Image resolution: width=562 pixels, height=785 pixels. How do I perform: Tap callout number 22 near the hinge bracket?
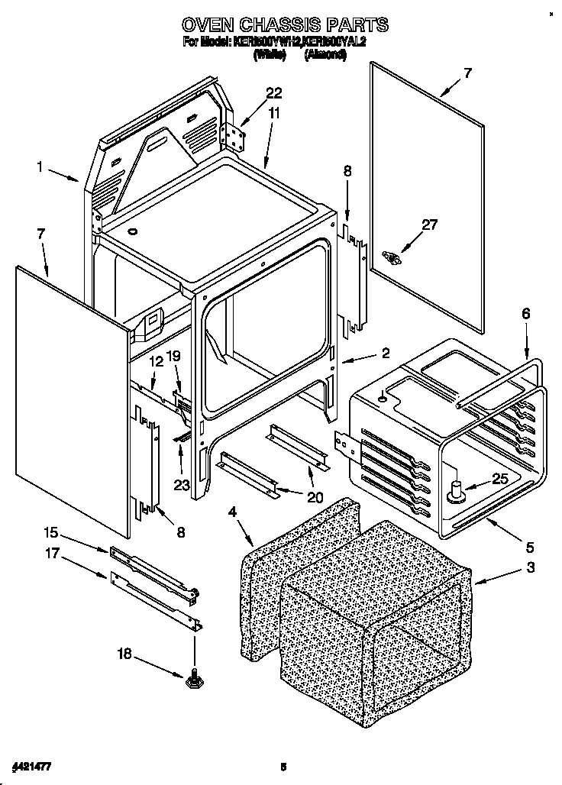click(x=273, y=94)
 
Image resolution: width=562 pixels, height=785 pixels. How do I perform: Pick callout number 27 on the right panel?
click(x=430, y=225)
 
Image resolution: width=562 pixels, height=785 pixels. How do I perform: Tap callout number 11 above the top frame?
click(x=274, y=113)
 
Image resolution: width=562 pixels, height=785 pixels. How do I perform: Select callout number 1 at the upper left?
click(x=39, y=165)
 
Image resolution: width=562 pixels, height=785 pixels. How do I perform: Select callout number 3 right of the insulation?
click(x=530, y=567)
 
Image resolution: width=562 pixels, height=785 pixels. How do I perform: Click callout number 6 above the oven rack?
click(x=525, y=314)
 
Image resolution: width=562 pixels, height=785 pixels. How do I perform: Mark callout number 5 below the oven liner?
click(x=530, y=547)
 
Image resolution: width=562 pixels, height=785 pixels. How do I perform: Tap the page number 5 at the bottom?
click(x=283, y=766)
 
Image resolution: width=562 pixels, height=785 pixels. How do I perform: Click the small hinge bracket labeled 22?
click(x=234, y=137)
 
